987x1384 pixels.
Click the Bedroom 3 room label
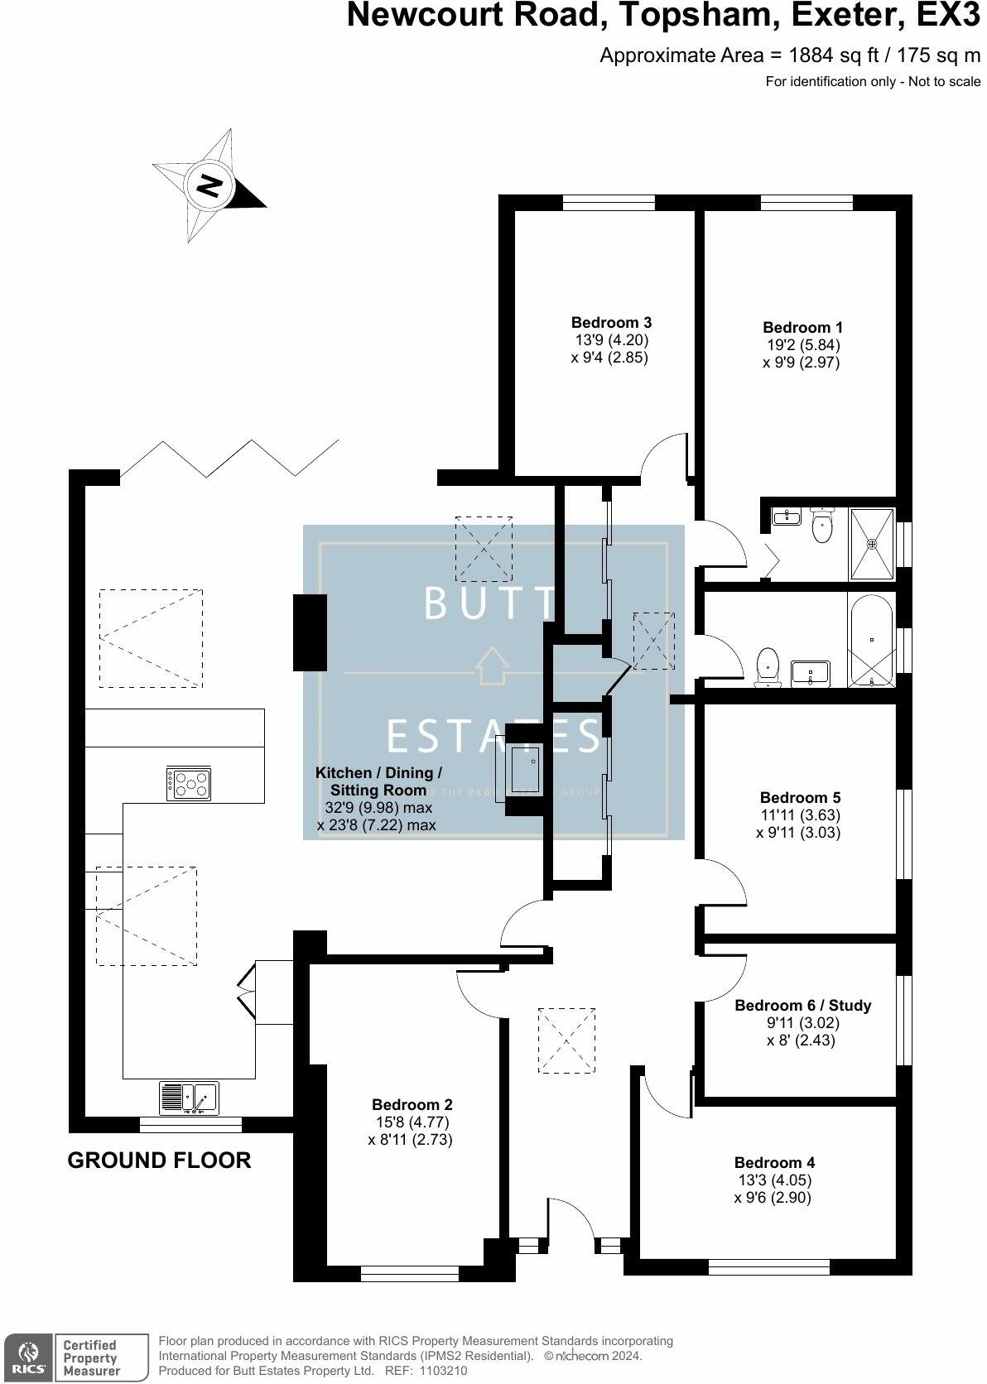tap(611, 322)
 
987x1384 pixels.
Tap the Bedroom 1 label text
tap(802, 327)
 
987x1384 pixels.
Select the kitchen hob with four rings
tap(189, 783)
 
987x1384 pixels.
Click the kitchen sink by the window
tap(189, 1098)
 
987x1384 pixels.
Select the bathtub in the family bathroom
tap(869, 641)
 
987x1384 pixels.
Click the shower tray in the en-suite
tap(871, 544)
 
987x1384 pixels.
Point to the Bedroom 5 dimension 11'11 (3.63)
tap(800, 815)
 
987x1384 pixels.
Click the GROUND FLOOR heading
tap(159, 1161)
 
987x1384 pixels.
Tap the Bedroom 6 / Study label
tap(802, 1005)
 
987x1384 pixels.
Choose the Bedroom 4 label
tap(773, 1162)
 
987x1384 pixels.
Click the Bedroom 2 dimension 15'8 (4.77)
tap(412, 1122)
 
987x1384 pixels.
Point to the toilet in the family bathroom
tap(768, 666)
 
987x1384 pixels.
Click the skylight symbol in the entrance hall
tap(566, 1040)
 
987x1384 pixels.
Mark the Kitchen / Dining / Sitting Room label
tap(378, 781)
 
